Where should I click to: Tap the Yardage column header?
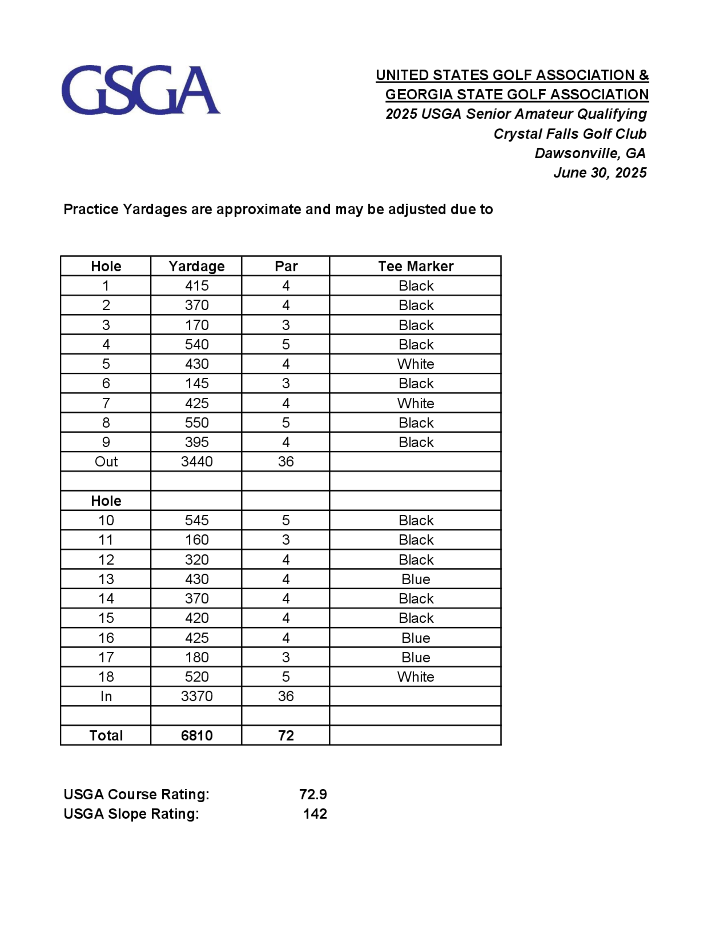(197, 266)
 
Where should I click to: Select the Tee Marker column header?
(416, 266)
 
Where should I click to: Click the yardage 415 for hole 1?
(197, 285)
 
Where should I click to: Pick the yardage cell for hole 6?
(197, 383)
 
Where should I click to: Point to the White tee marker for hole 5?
(416, 364)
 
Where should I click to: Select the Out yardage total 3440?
(197, 462)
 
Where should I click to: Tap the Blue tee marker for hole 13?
(416, 579)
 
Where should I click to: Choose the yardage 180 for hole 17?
(197, 657)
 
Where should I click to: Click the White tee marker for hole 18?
(416, 677)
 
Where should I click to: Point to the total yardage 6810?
(197, 735)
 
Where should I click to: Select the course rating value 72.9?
(313, 794)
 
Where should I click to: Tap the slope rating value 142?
(315, 814)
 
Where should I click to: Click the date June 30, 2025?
(600, 173)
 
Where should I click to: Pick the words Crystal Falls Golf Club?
(570, 134)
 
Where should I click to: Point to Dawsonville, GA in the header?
(590, 153)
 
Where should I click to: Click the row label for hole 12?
(106, 559)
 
